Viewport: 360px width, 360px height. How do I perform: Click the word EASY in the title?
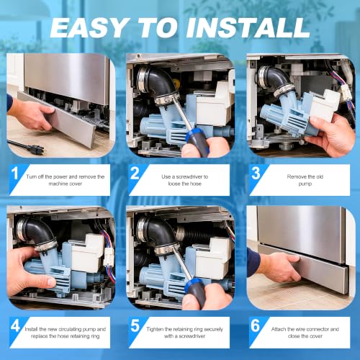[x=89, y=27]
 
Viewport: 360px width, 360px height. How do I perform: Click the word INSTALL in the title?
[x=248, y=27]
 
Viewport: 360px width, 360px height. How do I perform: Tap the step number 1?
[x=15, y=173]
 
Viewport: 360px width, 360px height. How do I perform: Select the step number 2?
[x=135, y=173]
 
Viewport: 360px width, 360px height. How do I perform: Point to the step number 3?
[x=256, y=173]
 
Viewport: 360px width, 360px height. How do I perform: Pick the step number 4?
[x=16, y=325]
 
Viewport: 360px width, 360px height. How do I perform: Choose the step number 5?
[x=135, y=325]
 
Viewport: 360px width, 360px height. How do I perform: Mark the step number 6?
[x=256, y=325]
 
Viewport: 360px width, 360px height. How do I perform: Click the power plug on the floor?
[x=36, y=149]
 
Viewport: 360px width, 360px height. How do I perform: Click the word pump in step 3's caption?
[x=305, y=184]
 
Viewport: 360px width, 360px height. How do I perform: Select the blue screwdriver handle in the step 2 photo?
[x=197, y=142]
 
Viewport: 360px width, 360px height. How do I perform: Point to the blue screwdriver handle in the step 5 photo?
[x=197, y=292]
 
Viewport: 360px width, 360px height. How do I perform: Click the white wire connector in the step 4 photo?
[x=108, y=256]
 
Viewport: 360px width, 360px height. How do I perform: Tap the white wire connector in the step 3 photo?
[x=345, y=92]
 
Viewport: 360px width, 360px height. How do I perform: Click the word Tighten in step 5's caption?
[x=155, y=329]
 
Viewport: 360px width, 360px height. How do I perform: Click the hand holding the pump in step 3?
[x=333, y=135]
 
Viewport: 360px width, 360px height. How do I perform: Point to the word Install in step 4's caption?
[x=32, y=329]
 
